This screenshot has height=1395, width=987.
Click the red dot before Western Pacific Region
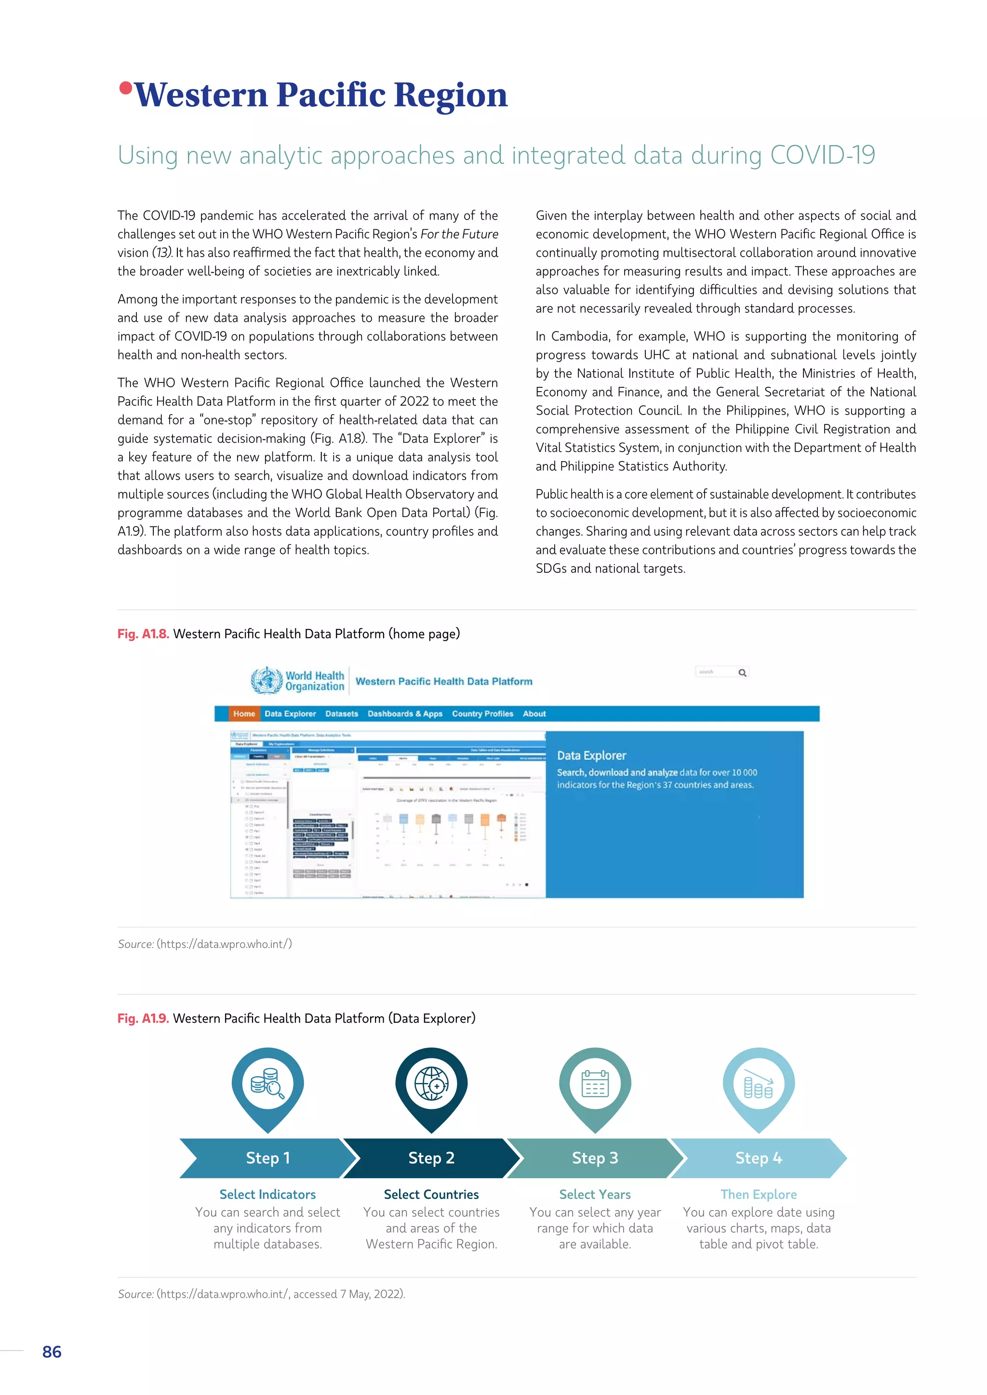pyautogui.click(x=126, y=89)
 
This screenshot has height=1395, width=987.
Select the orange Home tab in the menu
pyautogui.click(x=244, y=714)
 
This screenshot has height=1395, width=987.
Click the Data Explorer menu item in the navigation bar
pyautogui.click(x=290, y=714)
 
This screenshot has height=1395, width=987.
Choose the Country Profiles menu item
pyautogui.click(x=482, y=714)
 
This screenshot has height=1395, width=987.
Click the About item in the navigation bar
pyautogui.click(x=534, y=714)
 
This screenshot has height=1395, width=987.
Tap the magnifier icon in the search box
pyautogui.click(x=742, y=672)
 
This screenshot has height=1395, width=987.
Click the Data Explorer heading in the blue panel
pyautogui.click(x=591, y=756)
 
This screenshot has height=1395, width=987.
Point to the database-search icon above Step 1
pyautogui.click(x=267, y=1084)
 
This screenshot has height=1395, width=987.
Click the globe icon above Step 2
pyautogui.click(x=431, y=1084)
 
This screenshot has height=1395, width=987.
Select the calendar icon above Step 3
pyautogui.click(x=595, y=1084)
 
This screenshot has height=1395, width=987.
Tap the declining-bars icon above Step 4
pyautogui.click(x=759, y=1084)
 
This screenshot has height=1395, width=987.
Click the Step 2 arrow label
pyautogui.click(x=431, y=1158)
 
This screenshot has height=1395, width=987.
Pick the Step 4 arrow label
pyautogui.click(x=759, y=1158)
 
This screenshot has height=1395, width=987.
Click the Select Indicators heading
pyautogui.click(x=267, y=1195)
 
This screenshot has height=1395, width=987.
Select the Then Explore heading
pyautogui.click(x=759, y=1195)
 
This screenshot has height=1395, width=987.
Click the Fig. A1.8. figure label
pyautogui.click(x=144, y=634)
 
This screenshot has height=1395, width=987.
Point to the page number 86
pyautogui.click(x=52, y=1352)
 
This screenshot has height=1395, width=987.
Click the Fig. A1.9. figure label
pyautogui.click(x=144, y=1018)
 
